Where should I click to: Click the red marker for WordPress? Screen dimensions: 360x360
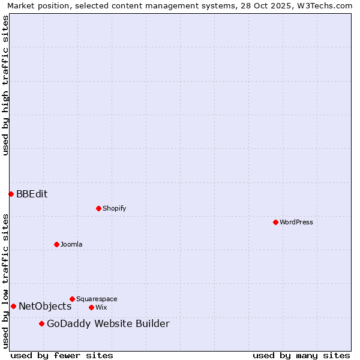pos(275,222)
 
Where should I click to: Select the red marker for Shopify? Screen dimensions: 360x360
pos(98,208)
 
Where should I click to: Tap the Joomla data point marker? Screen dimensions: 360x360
pos(56,244)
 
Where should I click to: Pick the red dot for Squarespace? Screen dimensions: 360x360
pos(72,299)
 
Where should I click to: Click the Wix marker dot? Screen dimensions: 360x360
pos(91,307)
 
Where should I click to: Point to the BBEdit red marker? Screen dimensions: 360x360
pos(11,194)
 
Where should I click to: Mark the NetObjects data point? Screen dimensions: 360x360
pos(13,306)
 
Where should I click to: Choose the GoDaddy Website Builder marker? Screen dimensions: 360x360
pos(41,323)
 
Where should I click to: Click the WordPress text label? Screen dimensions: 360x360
pos(296,222)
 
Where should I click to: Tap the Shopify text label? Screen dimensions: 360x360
pos(114,208)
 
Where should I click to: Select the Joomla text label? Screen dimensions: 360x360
pos(71,244)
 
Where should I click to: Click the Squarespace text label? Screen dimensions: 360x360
pos(97,299)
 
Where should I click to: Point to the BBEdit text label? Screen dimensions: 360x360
pos(32,194)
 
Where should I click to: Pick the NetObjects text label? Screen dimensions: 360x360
pos(45,306)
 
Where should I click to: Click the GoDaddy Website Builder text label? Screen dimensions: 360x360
pos(108,324)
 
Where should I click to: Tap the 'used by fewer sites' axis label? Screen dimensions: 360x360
pos(62,355)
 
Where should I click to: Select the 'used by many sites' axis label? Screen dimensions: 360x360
pos(301,355)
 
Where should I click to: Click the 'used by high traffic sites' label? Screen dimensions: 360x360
pos(5,85)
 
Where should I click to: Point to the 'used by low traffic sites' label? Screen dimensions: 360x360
pos(5,281)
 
